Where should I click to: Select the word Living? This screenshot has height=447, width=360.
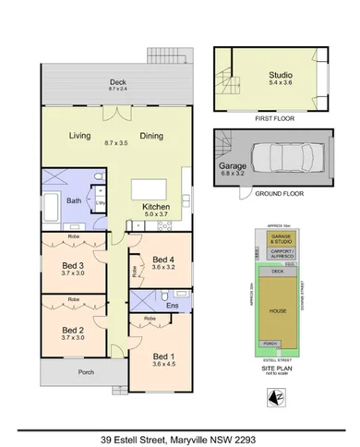80,137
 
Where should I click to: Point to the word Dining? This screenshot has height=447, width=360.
151,137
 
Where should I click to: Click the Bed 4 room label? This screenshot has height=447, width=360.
164,260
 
